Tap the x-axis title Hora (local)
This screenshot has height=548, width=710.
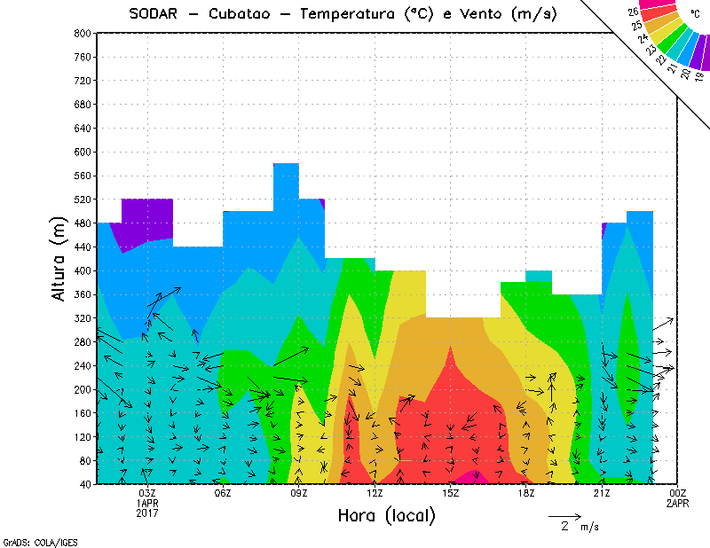pyautogui.click(x=386, y=515)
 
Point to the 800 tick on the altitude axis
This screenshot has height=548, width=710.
pyautogui.click(x=82, y=33)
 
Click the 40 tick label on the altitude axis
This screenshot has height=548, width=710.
pyautogui.click(x=84, y=484)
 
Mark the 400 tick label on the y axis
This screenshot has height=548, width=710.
pyautogui.click(x=82, y=270)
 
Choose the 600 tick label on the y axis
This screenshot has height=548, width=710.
pyautogui.click(x=82, y=152)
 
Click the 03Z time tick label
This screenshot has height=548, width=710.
pyautogui.click(x=147, y=493)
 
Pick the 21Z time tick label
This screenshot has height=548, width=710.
pyautogui.click(x=602, y=493)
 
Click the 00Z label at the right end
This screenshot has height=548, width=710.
pyautogui.click(x=677, y=493)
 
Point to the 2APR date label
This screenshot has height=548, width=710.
pyautogui.click(x=677, y=503)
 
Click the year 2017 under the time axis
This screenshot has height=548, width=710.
pyautogui.click(x=147, y=513)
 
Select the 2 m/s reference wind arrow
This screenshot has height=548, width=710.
pyautogui.click(x=564, y=515)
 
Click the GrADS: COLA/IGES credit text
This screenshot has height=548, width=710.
pyautogui.click(x=28, y=541)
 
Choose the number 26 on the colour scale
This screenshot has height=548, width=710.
pyautogui.click(x=634, y=12)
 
